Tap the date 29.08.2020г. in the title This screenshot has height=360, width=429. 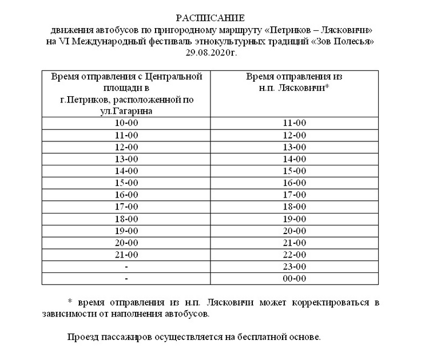[x=211, y=53]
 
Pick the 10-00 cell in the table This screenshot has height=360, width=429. [x=126, y=123]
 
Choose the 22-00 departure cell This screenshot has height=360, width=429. [x=295, y=255]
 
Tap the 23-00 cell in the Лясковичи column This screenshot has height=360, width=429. [x=295, y=267]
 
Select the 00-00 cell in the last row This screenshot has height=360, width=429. [x=295, y=279]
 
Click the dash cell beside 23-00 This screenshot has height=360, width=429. [x=126, y=267]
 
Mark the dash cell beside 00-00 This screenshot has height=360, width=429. [x=126, y=279]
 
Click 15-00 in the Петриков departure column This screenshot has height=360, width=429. [x=126, y=183]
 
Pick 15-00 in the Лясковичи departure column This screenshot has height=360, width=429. [x=295, y=171]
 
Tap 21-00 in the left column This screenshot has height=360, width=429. [x=126, y=255]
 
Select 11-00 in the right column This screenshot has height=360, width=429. [x=295, y=123]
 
